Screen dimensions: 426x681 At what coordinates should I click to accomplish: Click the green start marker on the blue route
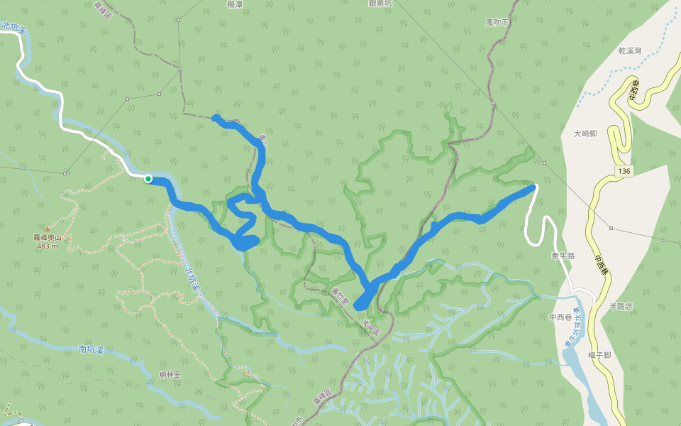(x=148, y=179)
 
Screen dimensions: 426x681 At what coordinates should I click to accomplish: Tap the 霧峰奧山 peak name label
(x=47, y=238)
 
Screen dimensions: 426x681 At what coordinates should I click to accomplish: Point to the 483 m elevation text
(x=47, y=246)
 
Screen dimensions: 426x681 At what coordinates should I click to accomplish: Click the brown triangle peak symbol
(x=47, y=229)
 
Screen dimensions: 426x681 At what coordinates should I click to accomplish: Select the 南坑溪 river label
(x=92, y=349)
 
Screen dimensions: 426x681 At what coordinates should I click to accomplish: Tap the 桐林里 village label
(x=170, y=374)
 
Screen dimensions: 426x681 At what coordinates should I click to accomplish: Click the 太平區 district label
(x=370, y=329)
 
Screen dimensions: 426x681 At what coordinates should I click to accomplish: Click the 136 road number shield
(x=624, y=171)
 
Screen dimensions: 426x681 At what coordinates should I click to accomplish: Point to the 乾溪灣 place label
(x=629, y=51)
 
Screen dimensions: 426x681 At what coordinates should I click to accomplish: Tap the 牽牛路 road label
(x=562, y=255)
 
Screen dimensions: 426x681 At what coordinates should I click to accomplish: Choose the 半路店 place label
(x=620, y=307)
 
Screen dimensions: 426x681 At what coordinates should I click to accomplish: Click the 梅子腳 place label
(x=599, y=355)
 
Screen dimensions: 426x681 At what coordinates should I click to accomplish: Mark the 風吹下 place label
(x=497, y=23)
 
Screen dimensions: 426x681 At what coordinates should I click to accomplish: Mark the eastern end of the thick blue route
(x=531, y=187)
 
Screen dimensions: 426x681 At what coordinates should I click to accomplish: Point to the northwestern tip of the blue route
(x=214, y=117)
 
